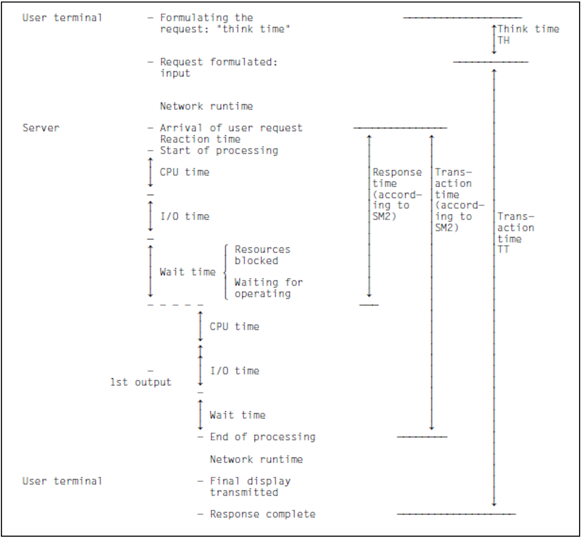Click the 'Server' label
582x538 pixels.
click(x=41, y=128)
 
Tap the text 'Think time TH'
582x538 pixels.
click(x=528, y=35)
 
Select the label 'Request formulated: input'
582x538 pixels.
click(x=218, y=68)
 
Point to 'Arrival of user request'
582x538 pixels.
click(x=231, y=128)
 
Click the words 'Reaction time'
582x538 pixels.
click(x=200, y=139)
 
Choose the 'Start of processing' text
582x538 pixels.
click(x=219, y=151)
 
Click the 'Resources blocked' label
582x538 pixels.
click(x=262, y=255)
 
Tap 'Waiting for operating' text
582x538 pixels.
click(x=268, y=288)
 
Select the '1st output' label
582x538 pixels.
click(x=141, y=382)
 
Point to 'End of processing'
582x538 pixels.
click(x=262, y=437)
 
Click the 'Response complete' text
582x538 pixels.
click(x=262, y=514)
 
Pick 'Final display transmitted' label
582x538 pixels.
click(x=250, y=487)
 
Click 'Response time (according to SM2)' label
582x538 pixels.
click(x=397, y=194)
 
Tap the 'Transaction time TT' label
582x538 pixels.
click(x=516, y=233)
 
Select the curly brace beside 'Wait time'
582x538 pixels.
click(x=226, y=272)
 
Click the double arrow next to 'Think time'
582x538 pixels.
click(x=494, y=40)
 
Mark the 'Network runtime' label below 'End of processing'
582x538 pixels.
click(x=256, y=459)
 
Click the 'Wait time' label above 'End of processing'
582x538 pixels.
click(x=237, y=415)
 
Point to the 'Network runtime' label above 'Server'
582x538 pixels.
click(x=206, y=106)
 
